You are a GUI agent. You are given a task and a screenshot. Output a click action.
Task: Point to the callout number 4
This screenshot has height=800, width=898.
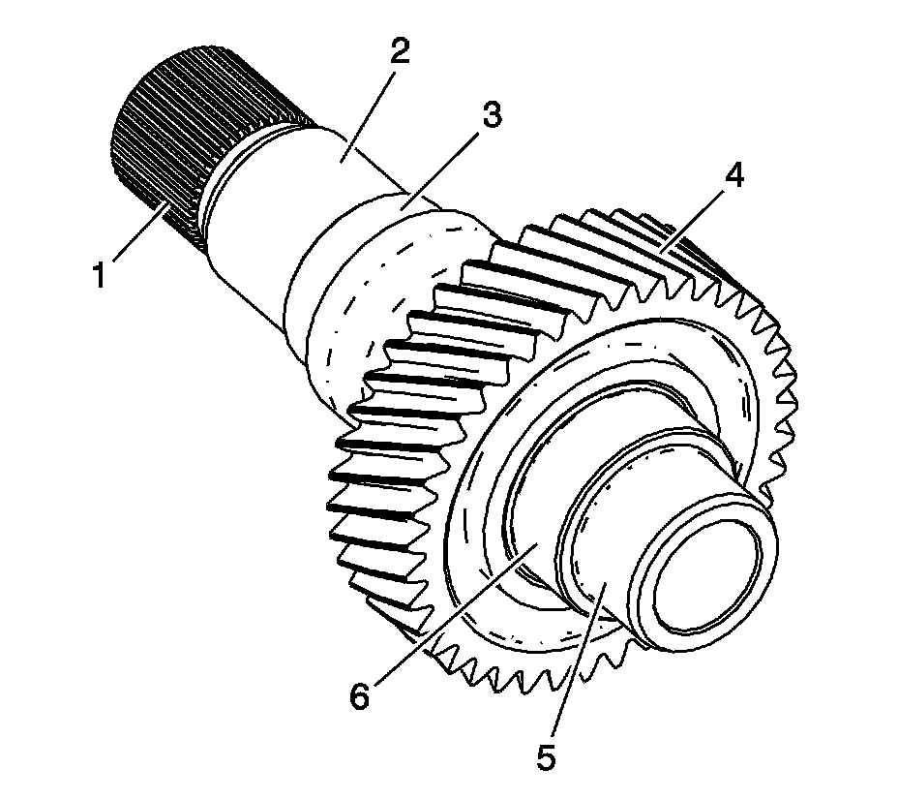pyautogui.click(x=736, y=176)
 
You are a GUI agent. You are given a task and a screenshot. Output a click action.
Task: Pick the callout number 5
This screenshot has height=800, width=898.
pyautogui.click(x=548, y=754)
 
